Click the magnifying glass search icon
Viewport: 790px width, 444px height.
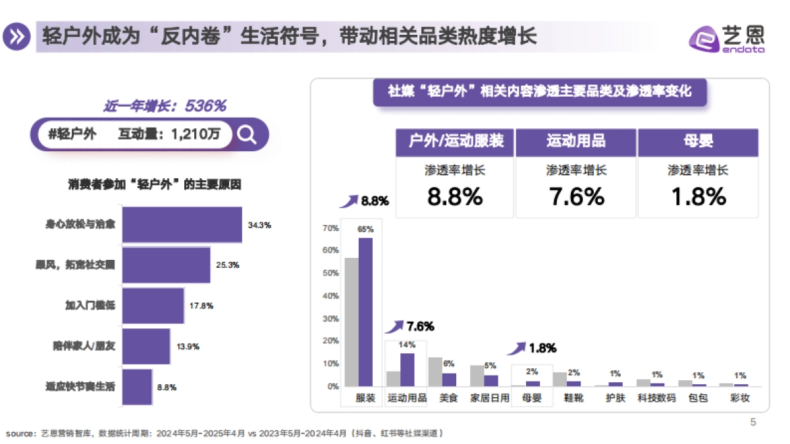pyautogui.click(x=247, y=134)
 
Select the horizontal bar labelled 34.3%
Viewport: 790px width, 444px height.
pyautogui.click(x=182, y=225)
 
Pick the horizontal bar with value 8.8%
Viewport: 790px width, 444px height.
pyautogui.click(x=137, y=387)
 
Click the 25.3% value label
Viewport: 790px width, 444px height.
pyautogui.click(x=227, y=265)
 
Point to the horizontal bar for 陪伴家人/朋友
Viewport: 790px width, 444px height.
pyautogui.click(x=146, y=346)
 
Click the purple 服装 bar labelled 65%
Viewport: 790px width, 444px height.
pyautogui.click(x=365, y=312)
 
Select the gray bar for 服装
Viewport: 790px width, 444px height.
pyautogui.click(x=352, y=322)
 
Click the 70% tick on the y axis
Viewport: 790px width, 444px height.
pyautogui.click(x=331, y=228)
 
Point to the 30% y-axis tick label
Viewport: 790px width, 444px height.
pyautogui.click(x=331, y=318)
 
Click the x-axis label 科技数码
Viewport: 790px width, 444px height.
pyautogui.click(x=656, y=398)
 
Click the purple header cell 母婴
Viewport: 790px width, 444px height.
pyautogui.click(x=698, y=141)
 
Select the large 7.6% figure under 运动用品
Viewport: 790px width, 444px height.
pyautogui.click(x=576, y=197)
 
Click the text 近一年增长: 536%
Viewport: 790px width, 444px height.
pyautogui.click(x=165, y=105)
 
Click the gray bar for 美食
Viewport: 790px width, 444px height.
pyautogui.click(x=435, y=372)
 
